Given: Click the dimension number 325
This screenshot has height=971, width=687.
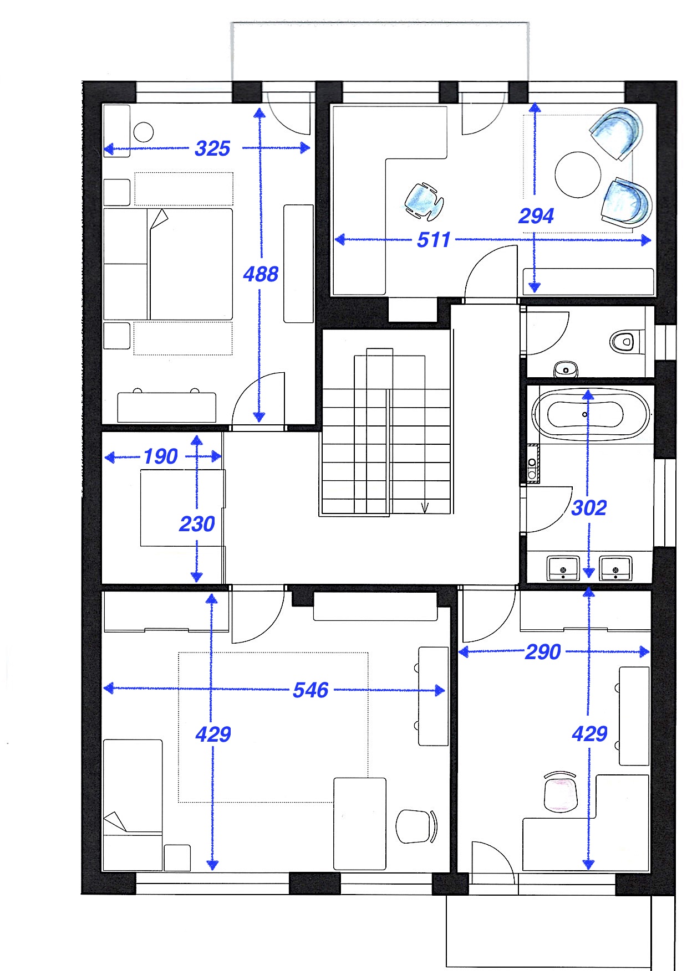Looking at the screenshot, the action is pyautogui.click(x=212, y=148).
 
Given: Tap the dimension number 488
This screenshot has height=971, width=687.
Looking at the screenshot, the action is pyautogui.click(x=261, y=274).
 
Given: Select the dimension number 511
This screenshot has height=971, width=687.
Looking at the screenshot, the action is pyautogui.click(x=434, y=240).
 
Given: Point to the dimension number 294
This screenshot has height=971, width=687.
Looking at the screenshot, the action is pyautogui.click(x=536, y=215).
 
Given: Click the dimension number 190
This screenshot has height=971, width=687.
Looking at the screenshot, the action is pyautogui.click(x=161, y=456).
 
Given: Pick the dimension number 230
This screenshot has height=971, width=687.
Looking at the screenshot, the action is pyautogui.click(x=197, y=524).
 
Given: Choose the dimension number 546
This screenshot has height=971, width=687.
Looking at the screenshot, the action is pyautogui.click(x=311, y=690).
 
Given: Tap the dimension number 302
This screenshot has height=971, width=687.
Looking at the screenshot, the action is pyautogui.click(x=589, y=508).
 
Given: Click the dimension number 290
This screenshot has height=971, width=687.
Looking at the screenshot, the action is pyautogui.click(x=543, y=652).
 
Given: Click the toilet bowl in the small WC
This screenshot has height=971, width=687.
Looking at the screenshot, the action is pyautogui.click(x=623, y=341).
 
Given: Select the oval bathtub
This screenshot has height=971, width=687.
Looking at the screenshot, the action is pyautogui.click(x=591, y=414).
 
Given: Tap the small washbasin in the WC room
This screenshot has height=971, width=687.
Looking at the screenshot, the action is pyautogui.click(x=566, y=369).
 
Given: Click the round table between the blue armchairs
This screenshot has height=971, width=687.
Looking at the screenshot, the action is pyautogui.click(x=578, y=174).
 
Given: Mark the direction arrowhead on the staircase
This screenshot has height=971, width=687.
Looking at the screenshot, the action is pyautogui.click(x=425, y=508).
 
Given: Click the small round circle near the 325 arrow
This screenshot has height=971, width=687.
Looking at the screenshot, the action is pyautogui.click(x=144, y=132).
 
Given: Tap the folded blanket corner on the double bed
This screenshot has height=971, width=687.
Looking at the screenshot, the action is pyautogui.click(x=159, y=219).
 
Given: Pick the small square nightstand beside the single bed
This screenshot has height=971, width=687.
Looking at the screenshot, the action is pyautogui.click(x=177, y=857).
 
